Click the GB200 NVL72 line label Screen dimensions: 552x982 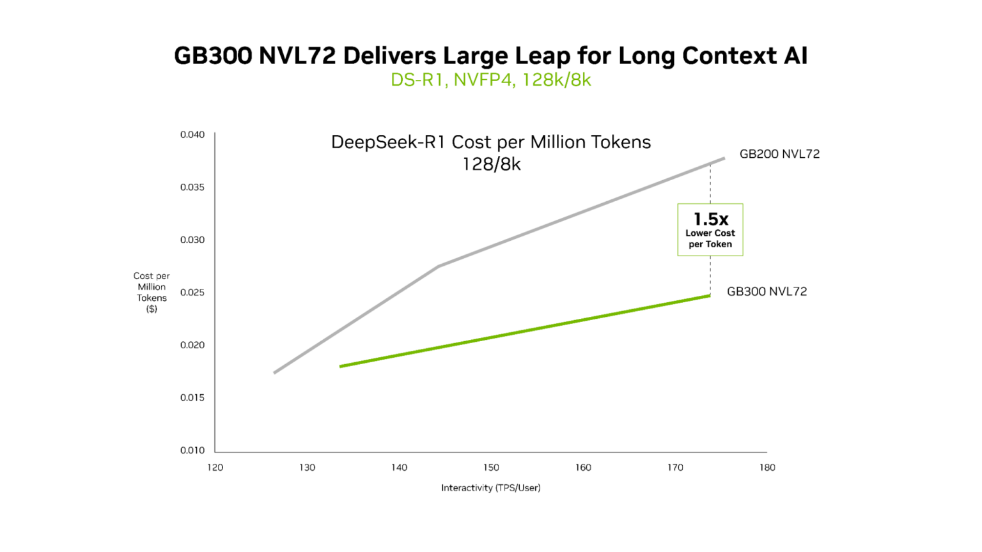pyautogui.click(x=779, y=154)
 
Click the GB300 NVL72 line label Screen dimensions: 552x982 pyautogui.click(x=767, y=291)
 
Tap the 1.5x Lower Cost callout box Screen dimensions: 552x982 pyautogui.click(x=710, y=230)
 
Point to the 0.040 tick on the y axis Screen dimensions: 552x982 pyautogui.click(x=192, y=135)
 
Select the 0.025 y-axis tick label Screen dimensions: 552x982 pyautogui.click(x=192, y=293)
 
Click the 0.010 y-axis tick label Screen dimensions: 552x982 pyautogui.click(x=192, y=450)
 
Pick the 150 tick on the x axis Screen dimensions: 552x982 pyautogui.click(x=491, y=468)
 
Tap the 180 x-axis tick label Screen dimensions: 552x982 pyautogui.click(x=767, y=468)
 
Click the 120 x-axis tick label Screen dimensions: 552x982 pyautogui.click(x=215, y=468)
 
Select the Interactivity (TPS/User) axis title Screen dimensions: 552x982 pyautogui.click(x=490, y=488)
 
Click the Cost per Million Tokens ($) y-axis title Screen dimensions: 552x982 pyautogui.click(x=152, y=293)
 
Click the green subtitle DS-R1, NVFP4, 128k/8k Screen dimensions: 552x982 pyautogui.click(x=490, y=80)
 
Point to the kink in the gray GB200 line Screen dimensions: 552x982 pyautogui.click(x=439, y=266)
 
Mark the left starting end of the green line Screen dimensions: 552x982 pyautogui.click(x=341, y=366)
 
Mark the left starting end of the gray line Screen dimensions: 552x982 pyautogui.click(x=275, y=372)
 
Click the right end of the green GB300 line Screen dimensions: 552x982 pyautogui.click(x=709, y=296)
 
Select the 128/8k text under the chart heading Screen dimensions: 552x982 pyautogui.click(x=491, y=165)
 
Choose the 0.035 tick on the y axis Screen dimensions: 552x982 pyautogui.click(x=192, y=188)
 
